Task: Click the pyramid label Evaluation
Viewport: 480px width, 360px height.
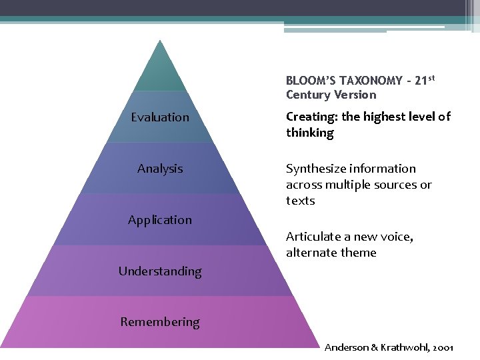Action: click(x=160, y=117)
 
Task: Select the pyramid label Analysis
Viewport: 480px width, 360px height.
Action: click(x=160, y=169)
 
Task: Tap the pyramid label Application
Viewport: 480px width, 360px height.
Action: click(x=160, y=220)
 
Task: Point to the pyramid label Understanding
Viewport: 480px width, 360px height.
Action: click(x=160, y=271)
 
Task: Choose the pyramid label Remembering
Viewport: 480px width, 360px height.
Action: click(x=160, y=322)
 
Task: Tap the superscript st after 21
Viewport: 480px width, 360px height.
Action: click(x=431, y=78)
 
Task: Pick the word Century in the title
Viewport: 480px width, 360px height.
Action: click(x=308, y=95)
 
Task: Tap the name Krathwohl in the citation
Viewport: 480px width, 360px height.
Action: click(x=405, y=347)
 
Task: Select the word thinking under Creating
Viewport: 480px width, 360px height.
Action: click(x=310, y=133)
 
